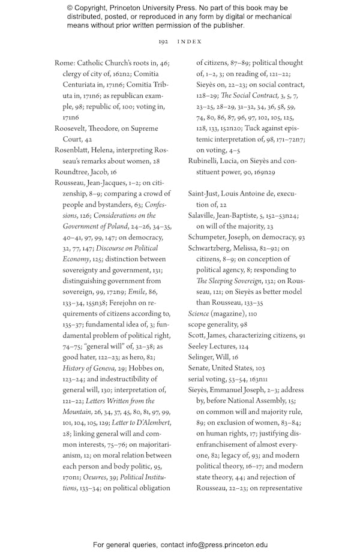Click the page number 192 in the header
163,42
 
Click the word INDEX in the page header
190,42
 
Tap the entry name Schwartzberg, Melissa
226,248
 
